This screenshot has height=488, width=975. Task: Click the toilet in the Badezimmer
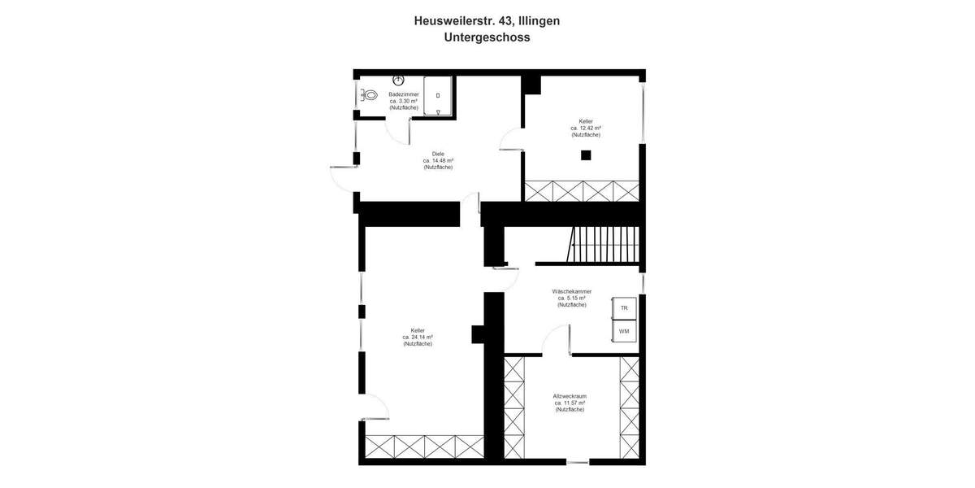370,95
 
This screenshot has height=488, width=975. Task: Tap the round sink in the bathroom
398,80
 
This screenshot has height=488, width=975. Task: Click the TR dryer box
624,308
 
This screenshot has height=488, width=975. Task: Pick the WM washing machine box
624,332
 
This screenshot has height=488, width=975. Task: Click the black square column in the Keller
585,155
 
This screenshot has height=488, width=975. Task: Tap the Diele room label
438,154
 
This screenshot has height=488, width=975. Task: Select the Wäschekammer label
571,291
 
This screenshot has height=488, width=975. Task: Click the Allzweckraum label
570,396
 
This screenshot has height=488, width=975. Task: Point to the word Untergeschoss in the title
487,37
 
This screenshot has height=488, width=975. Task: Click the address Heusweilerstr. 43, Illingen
487,20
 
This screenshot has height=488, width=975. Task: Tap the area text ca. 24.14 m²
418,337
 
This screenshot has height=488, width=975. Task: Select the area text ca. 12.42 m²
585,128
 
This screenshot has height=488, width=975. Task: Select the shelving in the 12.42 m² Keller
582,191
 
